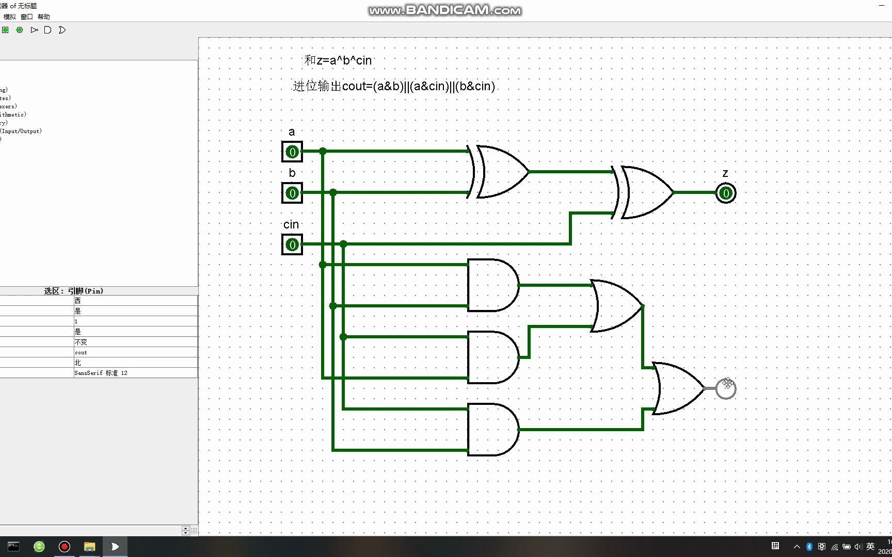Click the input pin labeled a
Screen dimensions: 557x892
pyautogui.click(x=292, y=152)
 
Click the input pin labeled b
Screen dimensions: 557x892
pyautogui.click(x=292, y=193)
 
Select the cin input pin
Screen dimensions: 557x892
pyautogui.click(x=292, y=244)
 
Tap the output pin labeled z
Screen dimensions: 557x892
pyautogui.click(x=726, y=193)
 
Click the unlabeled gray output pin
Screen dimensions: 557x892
pyautogui.click(x=726, y=389)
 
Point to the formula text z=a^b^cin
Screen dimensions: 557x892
pyautogui.click(x=338, y=60)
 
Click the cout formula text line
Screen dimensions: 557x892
pyautogui.click(x=394, y=86)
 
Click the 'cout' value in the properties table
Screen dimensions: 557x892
pyautogui.click(x=81, y=352)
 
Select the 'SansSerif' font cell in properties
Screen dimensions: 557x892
pyautogui.click(x=101, y=373)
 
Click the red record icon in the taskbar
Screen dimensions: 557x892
pyautogui.click(x=65, y=547)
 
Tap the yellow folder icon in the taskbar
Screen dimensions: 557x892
pyautogui.click(x=90, y=547)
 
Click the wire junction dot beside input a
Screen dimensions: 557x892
pyautogui.click(x=323, y=151)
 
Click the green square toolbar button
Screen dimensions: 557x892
pyautogui.click(x=5, y=30)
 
